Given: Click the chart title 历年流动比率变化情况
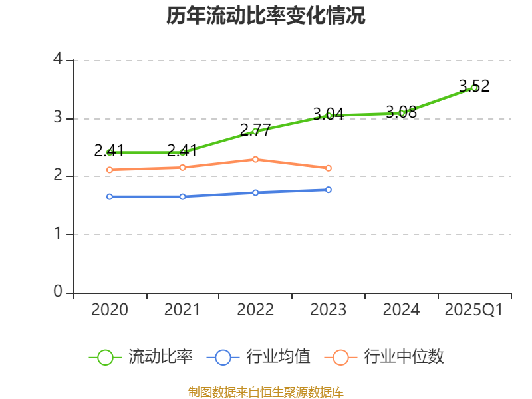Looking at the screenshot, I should [266, 16].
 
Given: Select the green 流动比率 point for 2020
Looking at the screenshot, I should [110, 152].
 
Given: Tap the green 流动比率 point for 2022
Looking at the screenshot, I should [255, 131].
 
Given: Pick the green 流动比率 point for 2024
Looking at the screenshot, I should [402, 113].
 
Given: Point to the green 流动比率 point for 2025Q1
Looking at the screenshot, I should [474, 88].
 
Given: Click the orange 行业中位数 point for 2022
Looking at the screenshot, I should [255, 159].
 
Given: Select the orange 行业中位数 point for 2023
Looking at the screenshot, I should [329, 168].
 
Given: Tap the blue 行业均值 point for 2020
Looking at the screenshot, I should [110, 196].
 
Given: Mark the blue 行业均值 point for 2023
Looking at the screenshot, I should [329, 190].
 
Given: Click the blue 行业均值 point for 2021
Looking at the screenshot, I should [182, 196].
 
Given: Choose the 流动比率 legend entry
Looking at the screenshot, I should [141, 357].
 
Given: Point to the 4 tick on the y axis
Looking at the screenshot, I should [58, 59].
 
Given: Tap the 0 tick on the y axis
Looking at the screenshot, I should [58, 292].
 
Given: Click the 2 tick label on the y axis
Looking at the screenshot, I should [58, 176].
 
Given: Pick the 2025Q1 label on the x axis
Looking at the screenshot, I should [474, 310].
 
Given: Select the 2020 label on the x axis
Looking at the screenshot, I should [110, 310].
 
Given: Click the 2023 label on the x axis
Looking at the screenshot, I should [329, 310].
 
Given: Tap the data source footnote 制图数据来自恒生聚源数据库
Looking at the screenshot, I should [266, 392].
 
